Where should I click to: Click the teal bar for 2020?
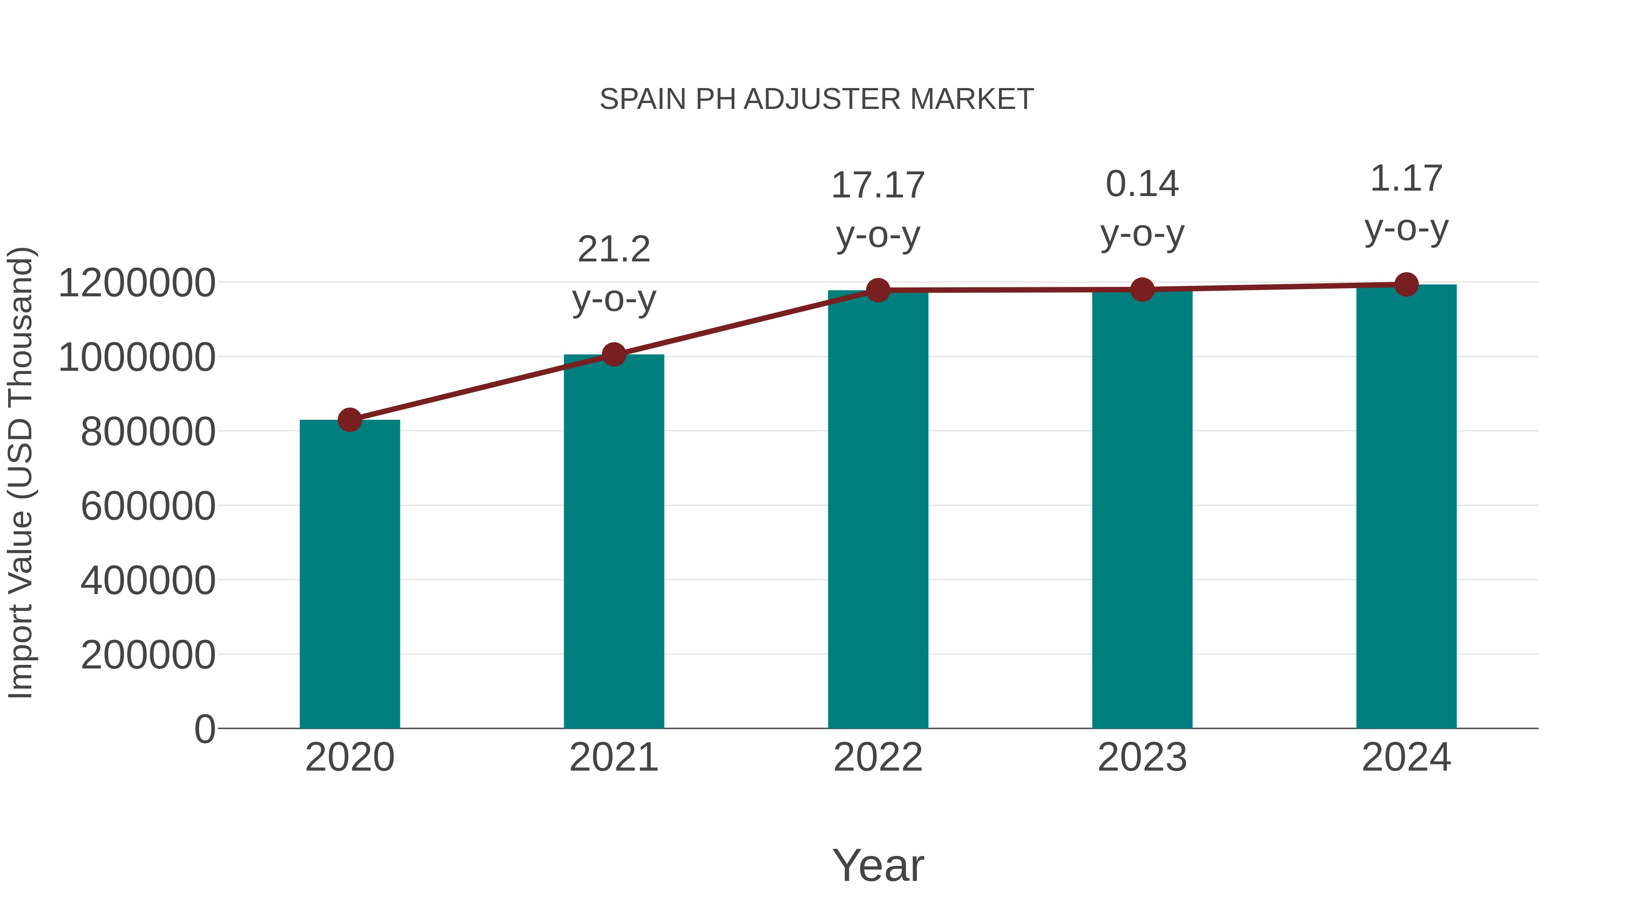tap(349, 574)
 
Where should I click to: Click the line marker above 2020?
tap(349, 420)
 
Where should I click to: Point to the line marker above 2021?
tap(613, 354)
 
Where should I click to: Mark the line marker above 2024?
tap(1406, 285)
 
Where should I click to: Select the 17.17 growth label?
tap(878, 185)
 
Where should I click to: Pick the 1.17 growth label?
tap(1406, 178)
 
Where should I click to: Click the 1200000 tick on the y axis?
tap(136, 283)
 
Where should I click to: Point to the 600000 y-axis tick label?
tap(148, 506)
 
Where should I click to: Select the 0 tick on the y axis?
tap(204, 729)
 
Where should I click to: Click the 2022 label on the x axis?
tap(878, 757)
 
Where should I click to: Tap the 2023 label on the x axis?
tap(1142, 757)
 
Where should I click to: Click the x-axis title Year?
tap(878, 865)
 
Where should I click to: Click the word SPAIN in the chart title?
tap(643, 99)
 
